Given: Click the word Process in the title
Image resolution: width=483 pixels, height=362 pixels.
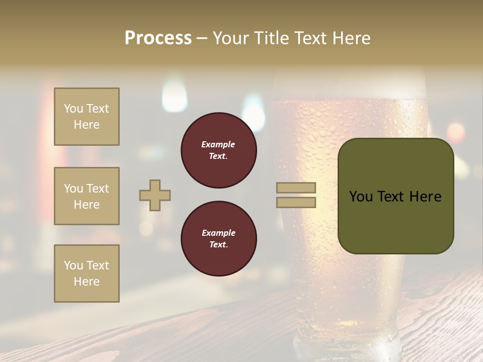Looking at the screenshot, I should point(158,38).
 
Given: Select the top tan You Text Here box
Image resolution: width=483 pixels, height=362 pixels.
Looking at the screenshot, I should point(87,117).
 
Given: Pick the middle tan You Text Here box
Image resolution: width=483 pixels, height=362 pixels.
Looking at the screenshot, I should point(87,196).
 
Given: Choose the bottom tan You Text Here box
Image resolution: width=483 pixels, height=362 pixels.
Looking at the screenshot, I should point(87,274).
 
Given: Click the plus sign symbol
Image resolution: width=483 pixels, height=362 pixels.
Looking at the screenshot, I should point(155,196).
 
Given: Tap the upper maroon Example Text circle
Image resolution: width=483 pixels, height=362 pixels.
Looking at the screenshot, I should point(219,150).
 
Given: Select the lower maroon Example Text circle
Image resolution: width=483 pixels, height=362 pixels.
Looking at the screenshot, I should point(219,239).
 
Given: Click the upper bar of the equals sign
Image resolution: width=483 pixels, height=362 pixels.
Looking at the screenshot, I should point(296,188).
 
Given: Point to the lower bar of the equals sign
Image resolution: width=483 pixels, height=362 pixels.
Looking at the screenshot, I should point(296,203).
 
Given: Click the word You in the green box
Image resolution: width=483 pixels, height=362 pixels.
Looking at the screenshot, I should point(360,197).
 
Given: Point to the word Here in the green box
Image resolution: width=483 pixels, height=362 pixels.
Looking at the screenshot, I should point(426,197).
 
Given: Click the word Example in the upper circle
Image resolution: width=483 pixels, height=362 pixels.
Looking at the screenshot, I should point(218,145).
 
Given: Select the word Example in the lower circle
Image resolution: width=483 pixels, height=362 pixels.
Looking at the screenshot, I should point(218,233).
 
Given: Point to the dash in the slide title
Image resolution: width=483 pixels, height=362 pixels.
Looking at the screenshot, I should point(202,39).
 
